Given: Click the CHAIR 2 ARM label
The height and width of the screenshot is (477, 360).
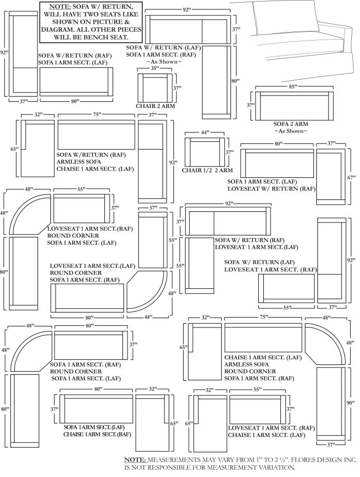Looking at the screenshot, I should coord(155,106).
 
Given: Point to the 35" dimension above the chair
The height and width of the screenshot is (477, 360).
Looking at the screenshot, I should coord(154,68).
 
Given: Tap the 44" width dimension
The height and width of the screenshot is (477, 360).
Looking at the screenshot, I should coord(205,133).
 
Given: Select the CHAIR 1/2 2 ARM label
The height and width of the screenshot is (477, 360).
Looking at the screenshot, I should coord(207,170).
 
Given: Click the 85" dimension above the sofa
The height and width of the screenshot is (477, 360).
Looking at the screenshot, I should coord(293,87).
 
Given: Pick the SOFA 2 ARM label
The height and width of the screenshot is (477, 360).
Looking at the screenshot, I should coord(291,124).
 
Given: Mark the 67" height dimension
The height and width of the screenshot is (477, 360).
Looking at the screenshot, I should coord(351,177).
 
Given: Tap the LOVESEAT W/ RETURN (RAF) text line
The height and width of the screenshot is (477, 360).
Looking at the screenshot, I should coord(272,189).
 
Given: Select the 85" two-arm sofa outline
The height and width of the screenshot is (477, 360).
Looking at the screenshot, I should coord(293,106).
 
